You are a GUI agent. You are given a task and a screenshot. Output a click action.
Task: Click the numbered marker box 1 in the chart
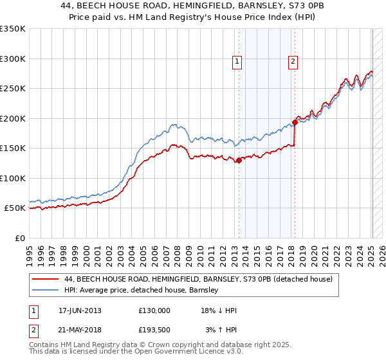point(237,62)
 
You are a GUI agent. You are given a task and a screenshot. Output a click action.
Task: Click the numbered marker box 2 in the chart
point(293,62)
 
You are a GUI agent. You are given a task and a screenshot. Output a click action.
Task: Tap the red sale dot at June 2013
point(239,161)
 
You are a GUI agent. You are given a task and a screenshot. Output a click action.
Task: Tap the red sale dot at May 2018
point(295,122)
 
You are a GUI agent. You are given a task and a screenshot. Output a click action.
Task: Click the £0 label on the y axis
point(19,238)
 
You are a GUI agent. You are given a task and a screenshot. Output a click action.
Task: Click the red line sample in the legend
point(46,280)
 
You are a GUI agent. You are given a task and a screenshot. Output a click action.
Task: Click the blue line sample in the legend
point(46,291)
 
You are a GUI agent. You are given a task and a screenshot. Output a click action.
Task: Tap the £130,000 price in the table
point(154,310)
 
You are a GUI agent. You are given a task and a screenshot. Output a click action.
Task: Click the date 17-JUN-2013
point(80,310)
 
